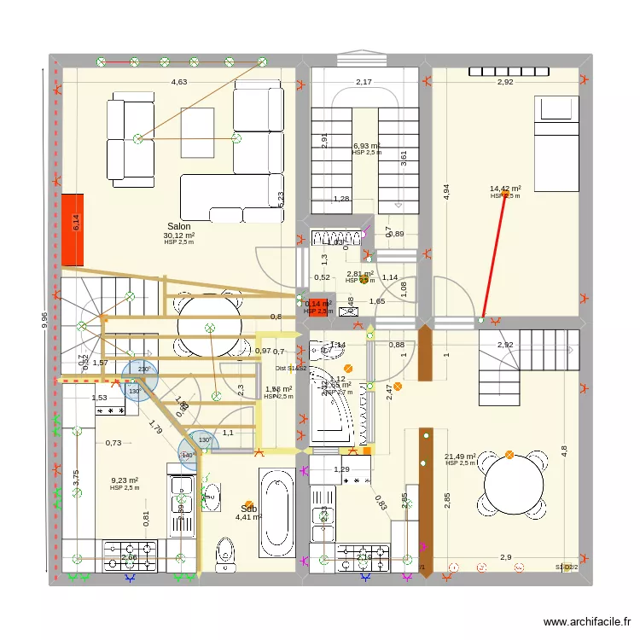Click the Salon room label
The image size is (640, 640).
click(179, 226)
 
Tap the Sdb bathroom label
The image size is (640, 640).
click(248, 508)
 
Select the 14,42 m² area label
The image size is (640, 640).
click(505, 189)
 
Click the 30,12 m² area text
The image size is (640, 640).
click(179, 236)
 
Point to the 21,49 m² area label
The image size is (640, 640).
click(460, 457)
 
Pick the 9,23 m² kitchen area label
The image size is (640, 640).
click(124, 480)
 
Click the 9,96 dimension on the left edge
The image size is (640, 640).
click(44, 319)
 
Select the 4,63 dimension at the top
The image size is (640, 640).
click(178, 82)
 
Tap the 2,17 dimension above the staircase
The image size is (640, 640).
click(364, 82)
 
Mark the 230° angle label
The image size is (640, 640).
click(143, 369)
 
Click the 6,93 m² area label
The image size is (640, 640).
click(367, 146)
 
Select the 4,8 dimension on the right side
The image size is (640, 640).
click(564, 449)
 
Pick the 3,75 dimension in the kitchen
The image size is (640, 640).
click(76, 480)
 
